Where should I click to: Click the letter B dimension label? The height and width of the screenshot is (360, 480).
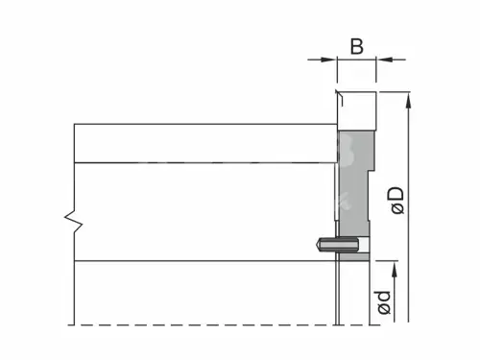tap(357, 46)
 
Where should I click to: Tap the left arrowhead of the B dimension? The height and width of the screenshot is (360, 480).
tap(329, 60)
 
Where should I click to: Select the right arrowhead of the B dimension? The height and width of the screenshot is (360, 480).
tap(384, 60)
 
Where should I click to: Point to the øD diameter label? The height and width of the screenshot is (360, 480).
tap(397, 201)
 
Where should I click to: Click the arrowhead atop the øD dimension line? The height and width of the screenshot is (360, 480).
tap(408, 101)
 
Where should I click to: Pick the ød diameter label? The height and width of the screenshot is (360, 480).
tap(384, 302)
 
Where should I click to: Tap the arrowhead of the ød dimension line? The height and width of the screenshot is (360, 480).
tap(395, 270)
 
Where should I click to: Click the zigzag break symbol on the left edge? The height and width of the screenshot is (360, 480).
tap(74, 221)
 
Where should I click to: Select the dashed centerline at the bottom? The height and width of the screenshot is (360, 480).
tap(224, 325)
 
